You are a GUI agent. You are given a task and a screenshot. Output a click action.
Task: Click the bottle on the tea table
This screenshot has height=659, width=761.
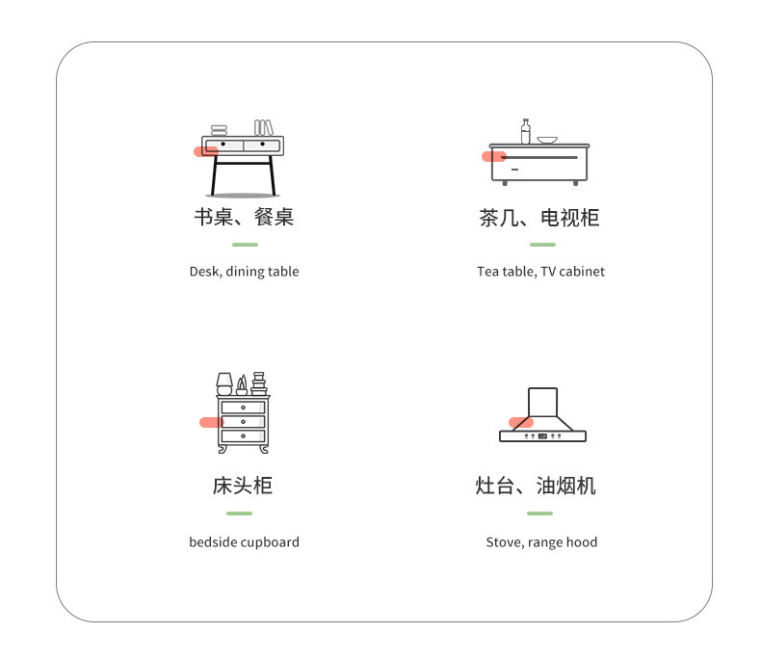(x=525, y=132)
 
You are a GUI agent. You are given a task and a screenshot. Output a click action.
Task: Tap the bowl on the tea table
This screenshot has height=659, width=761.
(x=547, y=141)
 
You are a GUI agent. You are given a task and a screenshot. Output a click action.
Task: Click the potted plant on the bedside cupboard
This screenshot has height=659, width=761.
(x=242, y=385)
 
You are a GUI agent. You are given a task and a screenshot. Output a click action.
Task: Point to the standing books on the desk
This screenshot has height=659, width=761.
(x=263, y=127)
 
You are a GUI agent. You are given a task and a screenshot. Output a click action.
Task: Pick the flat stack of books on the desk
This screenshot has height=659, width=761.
(x=220, y=130)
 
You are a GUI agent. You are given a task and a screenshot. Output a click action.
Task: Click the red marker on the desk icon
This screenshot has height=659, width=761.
(x=205, y=151)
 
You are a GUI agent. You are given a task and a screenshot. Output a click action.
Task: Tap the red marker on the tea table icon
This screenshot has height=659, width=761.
(x=493, y=157)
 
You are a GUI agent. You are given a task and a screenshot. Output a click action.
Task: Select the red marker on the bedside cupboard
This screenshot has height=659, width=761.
(x=211, y=422)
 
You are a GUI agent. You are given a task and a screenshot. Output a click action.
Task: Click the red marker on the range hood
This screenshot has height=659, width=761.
(x=520, y=423)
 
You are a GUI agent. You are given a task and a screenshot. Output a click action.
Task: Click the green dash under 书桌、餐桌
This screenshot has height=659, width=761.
(x=245, y=245)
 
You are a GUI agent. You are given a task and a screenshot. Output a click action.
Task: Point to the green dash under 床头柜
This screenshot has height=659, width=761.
(x=239, y=514)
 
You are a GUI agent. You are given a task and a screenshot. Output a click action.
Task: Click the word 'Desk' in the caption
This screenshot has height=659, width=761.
(x=204, y=272)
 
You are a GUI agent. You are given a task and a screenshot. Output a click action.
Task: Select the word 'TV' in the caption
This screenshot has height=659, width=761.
(x=547, y=272)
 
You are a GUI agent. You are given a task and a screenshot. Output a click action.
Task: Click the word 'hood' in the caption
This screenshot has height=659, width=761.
(x=582, y=542)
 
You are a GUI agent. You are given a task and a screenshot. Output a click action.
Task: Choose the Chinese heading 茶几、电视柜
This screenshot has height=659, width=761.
(x=538, y=218)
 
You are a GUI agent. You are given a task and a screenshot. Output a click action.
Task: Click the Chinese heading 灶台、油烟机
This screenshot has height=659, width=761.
(x=536, y=486)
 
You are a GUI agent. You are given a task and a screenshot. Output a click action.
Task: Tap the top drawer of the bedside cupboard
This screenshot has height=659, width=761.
(x=243, y=408)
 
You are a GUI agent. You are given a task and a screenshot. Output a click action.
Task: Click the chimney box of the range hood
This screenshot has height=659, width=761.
(x=542, y=402)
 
